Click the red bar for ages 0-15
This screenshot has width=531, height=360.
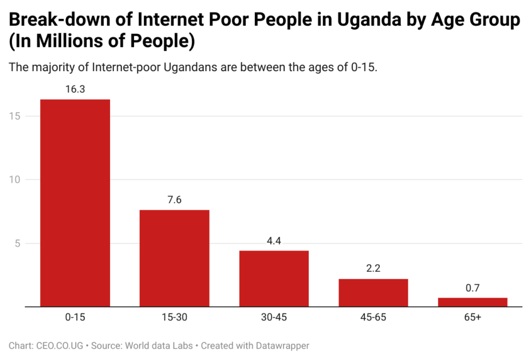(x=75, y=203)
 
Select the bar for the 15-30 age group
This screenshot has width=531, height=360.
(x=174, y=258)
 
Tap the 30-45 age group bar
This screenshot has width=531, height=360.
(x=274, y=279)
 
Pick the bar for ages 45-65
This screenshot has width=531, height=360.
(x=373, y=292)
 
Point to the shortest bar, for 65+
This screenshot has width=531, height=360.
(x=473, y=302)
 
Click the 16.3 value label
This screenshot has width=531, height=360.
(x=75, y=89)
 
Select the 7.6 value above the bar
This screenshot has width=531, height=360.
(x=174, y=200)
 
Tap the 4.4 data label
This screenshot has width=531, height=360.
(x=274, y=241)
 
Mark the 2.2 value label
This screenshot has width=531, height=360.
(x=373, y=269)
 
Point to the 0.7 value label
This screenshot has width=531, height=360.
(x=473, y=288)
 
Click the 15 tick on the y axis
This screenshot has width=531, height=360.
(x=15, y=116)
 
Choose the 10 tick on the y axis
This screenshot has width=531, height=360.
(x=15, y=180)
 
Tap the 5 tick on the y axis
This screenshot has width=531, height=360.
(x=18, y=244)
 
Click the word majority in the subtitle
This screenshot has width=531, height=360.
(x=53, y=67)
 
